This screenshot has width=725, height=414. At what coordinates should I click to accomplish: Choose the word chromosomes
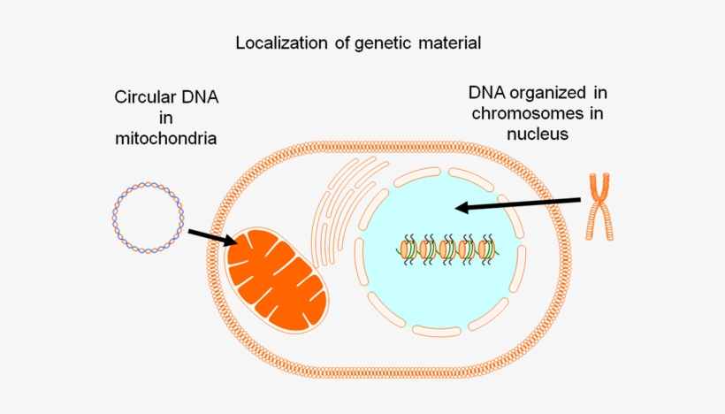523,113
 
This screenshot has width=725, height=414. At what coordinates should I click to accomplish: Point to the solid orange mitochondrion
277,280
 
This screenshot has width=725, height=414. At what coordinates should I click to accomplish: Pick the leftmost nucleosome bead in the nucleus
408,249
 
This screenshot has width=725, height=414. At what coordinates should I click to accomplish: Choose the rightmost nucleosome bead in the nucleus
485,249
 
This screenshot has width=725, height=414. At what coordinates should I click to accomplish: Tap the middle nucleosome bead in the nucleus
446,249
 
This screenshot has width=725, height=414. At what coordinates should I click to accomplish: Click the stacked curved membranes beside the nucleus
340,208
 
